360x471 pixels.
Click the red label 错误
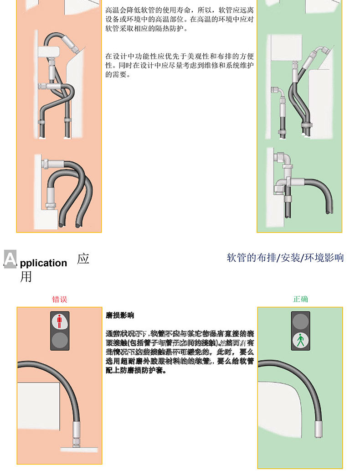(x=60, y=300)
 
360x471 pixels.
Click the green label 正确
(x=300, y=299)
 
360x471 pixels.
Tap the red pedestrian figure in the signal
(x=59, y=321)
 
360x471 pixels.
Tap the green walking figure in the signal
(x=300, y=340)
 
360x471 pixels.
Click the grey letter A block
(x=10, y=259)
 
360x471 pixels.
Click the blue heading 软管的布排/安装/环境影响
(x=285, y=258)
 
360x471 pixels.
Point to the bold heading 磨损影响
(x=119, y=316)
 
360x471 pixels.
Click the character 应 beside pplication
(x=83, y=259)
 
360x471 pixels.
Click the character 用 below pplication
(x=26, y=276)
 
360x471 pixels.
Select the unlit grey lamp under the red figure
(x=59, y=340)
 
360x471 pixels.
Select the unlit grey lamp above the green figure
(x=300, y=321)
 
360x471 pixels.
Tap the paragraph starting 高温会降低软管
(x=180, y=19)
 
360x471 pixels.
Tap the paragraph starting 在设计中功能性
(x=180, y=65)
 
